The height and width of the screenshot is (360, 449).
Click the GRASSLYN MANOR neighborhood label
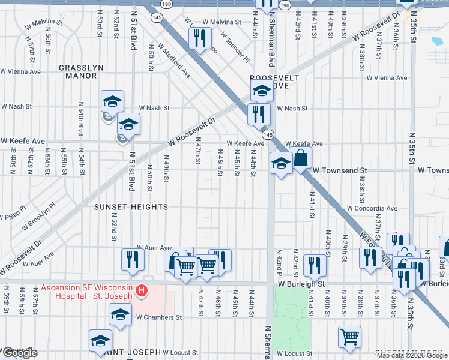78,72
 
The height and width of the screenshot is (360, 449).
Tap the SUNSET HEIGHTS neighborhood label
131,207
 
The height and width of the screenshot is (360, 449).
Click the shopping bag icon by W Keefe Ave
300,158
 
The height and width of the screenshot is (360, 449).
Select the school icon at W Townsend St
281,163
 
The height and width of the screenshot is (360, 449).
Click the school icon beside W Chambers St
120,314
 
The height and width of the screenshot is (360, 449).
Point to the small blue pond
437,41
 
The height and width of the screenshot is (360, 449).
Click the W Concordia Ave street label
372,209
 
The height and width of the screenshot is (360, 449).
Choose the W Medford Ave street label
174,61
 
